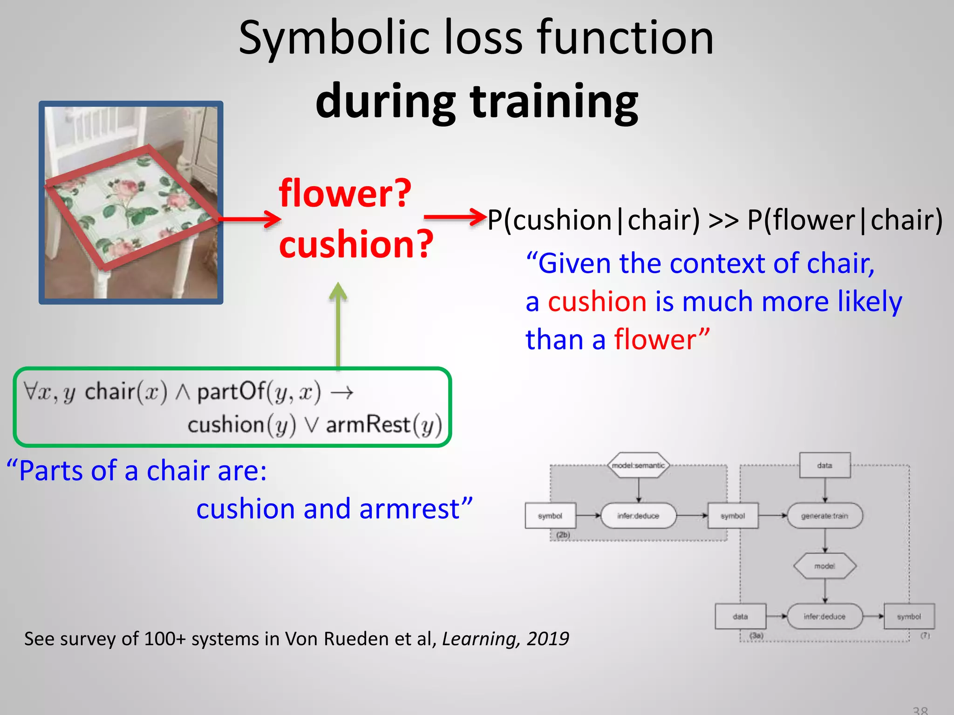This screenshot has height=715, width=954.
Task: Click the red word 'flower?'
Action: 345,194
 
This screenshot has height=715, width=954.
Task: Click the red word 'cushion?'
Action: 356,244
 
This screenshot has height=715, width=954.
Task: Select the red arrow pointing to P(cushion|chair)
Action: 455,217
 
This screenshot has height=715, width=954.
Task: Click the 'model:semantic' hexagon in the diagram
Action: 638,465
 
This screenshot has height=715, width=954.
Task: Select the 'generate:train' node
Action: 825,516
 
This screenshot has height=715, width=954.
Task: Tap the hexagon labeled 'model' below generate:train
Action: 825,566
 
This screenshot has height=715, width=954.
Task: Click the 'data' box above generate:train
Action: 825,465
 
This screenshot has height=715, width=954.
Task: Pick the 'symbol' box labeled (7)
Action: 909,616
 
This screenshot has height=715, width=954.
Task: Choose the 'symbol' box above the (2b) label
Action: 550,516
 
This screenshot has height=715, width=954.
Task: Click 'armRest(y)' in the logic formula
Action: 383,425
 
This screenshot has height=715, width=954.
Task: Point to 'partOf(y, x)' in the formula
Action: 259,392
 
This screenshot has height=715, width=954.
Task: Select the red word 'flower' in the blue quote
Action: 655,339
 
